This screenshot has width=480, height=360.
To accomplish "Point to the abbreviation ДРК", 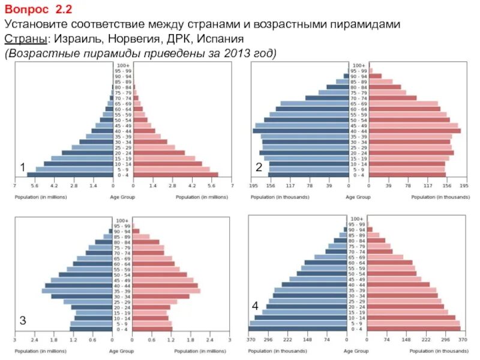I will coord(176,40).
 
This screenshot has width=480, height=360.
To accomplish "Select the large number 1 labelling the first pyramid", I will coord(22,167).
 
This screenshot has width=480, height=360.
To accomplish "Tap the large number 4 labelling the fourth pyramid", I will coord(256,306).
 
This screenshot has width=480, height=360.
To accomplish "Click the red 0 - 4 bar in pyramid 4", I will coord(415,329).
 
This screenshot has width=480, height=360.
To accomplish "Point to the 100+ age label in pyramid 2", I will coord(359,65).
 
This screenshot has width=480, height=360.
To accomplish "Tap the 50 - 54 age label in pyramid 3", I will coord(122,274).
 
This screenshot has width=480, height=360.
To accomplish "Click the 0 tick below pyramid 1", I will coord(122,187).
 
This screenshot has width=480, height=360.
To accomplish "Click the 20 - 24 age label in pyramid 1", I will coord(123,152).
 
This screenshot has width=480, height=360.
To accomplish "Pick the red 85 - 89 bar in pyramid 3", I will coord(142,236).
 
